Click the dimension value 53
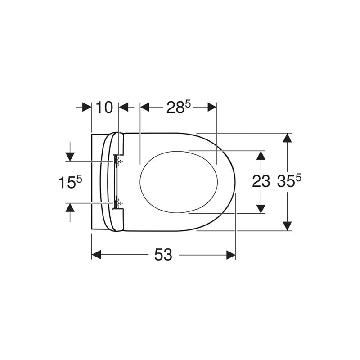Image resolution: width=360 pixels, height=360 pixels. click(163, 255)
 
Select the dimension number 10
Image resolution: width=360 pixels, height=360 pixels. click(104, 108)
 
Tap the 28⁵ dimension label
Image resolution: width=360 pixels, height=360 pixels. click(178, 107)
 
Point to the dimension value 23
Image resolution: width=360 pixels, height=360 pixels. click(261, 181)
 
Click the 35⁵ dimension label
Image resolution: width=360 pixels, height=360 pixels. click(289, 181)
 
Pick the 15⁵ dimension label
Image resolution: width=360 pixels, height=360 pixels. click(70, 182)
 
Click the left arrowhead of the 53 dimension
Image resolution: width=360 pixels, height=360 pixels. click(96, 255)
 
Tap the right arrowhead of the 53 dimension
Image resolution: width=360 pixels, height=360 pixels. click(231, 255)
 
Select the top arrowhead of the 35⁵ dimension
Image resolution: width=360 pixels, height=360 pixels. click(287, 138)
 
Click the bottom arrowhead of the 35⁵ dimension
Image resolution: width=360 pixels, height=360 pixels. click(287, 226)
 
